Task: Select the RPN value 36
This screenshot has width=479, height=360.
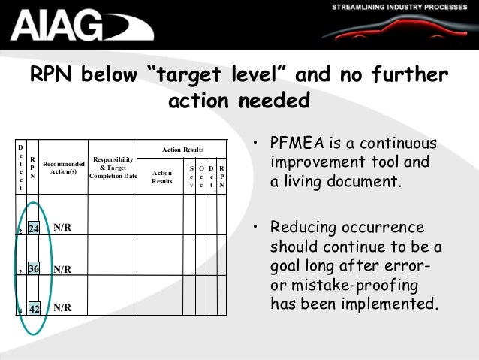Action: pos(34,268)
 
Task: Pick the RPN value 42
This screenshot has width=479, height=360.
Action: pos(34,308)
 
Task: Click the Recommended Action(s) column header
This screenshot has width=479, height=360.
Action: pos(64,167)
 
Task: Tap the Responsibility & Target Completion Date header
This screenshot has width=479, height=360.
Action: pos(113,168)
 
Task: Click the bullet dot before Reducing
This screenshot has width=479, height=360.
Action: pos(257,227)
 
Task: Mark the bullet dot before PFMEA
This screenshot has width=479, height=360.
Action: pos(257,144)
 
